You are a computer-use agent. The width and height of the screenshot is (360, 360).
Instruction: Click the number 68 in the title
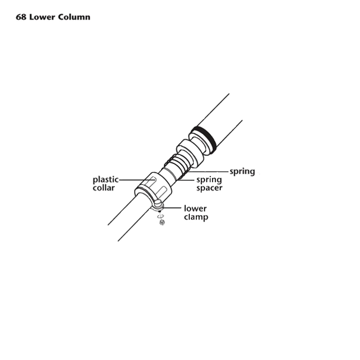(21, 17)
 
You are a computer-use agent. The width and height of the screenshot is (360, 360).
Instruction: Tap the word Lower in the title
(42, 17)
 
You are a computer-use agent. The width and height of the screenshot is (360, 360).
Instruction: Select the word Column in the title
(74, 17)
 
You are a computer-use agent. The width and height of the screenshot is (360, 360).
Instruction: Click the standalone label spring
(242, 172)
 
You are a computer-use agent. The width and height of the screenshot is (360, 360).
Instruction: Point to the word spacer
(209, 188)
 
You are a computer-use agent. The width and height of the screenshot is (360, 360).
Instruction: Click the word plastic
(106, 180)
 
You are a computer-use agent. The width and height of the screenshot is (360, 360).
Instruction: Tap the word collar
(103, 188)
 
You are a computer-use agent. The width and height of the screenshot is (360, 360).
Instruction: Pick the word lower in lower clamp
(195, 208)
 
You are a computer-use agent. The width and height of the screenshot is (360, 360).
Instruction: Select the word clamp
(196, 217)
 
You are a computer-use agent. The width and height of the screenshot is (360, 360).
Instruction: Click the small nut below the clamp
(162, 222)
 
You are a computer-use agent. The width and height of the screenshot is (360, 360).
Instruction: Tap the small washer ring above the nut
(161, 216)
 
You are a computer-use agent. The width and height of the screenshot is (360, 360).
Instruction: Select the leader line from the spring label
(208, 171)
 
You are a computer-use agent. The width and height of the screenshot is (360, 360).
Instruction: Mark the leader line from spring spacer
(186, 180)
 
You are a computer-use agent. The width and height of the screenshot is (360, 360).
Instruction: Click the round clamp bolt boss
(158, 203)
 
